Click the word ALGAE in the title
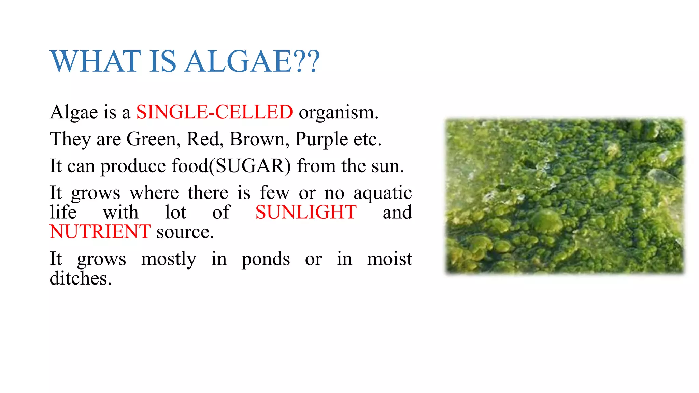pyautogui.click(x=238, y=61)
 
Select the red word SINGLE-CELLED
pyautogui.click(x=214, y=112)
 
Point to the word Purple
pyautogui.click(x=321, y=140)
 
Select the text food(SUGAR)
pyautogui.click(x=231, y=166)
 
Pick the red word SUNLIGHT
pyautogui.click(x=306, y=212)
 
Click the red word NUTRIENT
pyautogui.click(x=100, y=232)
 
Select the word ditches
pyautogui.click(x=81, y=278)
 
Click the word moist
pyautogui.click(x=389, y=259)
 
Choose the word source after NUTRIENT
pyautogui.click(x=185, y=232)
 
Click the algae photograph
pyautogui.click(x=565, y=196)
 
